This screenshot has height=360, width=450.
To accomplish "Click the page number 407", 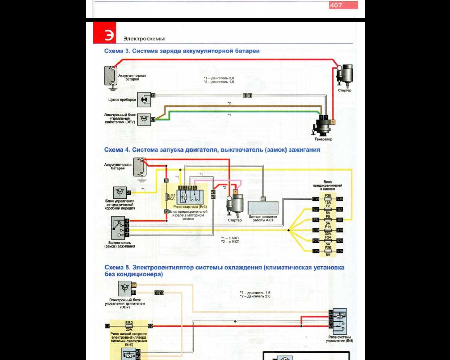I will (336, 5).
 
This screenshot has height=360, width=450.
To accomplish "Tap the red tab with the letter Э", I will (105, 33).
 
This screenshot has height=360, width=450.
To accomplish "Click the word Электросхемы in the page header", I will (144, 39).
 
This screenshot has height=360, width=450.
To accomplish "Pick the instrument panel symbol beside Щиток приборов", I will (144, 99).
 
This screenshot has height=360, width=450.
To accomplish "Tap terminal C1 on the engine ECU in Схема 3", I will (153, 120).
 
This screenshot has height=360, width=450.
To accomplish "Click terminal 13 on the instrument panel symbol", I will (153, 95).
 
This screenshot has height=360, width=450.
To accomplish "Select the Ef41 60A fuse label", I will (171, 197).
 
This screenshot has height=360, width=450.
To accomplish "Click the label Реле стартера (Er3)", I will (190, 207).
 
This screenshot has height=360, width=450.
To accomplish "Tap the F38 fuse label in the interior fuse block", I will (328, 195).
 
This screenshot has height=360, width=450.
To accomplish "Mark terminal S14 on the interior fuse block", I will (340, 230).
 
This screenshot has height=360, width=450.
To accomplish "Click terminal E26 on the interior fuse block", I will (316, 251).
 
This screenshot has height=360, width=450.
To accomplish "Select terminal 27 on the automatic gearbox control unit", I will (129, 193).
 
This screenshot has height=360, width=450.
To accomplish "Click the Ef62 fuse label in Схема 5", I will (129, 323).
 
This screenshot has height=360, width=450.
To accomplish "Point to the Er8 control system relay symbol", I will (340, 321).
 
